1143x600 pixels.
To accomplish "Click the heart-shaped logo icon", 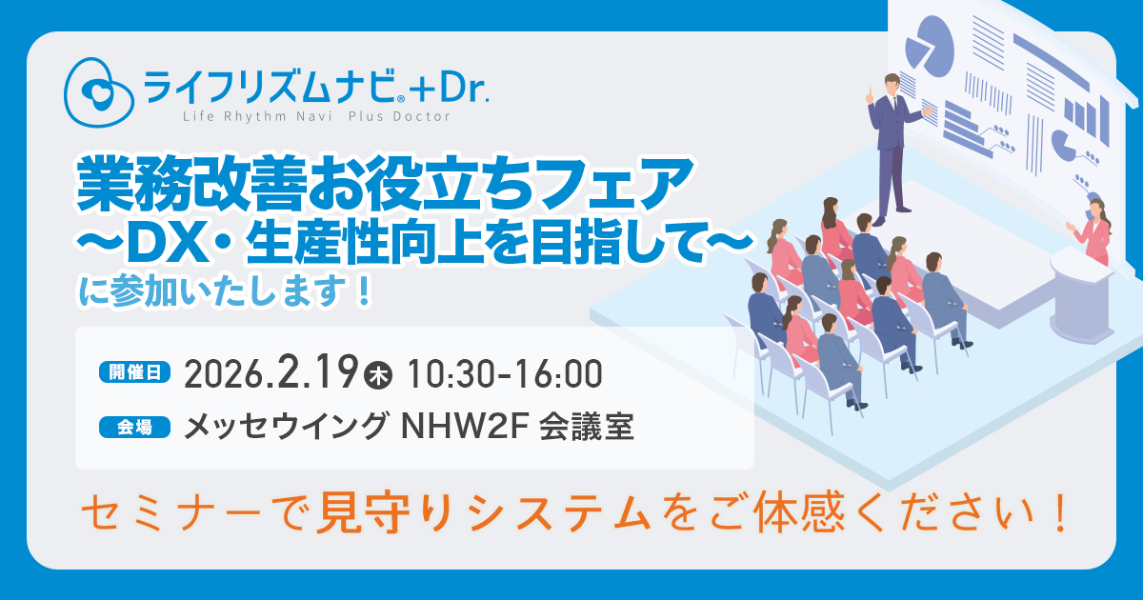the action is pos(98,91).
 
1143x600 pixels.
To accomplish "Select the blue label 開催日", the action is pos(134,372).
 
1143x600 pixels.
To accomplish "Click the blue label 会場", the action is pos(134,427).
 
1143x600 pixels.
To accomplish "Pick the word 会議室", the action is pos(587,427).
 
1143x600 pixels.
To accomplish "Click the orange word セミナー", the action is pos(174,512).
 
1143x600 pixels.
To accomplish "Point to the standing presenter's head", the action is pos(892,83).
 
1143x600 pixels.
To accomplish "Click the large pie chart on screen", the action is pos(930,47).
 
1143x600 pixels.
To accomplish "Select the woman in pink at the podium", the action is pos(1093,232).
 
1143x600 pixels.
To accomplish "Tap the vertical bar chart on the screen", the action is pos(1087,120).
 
